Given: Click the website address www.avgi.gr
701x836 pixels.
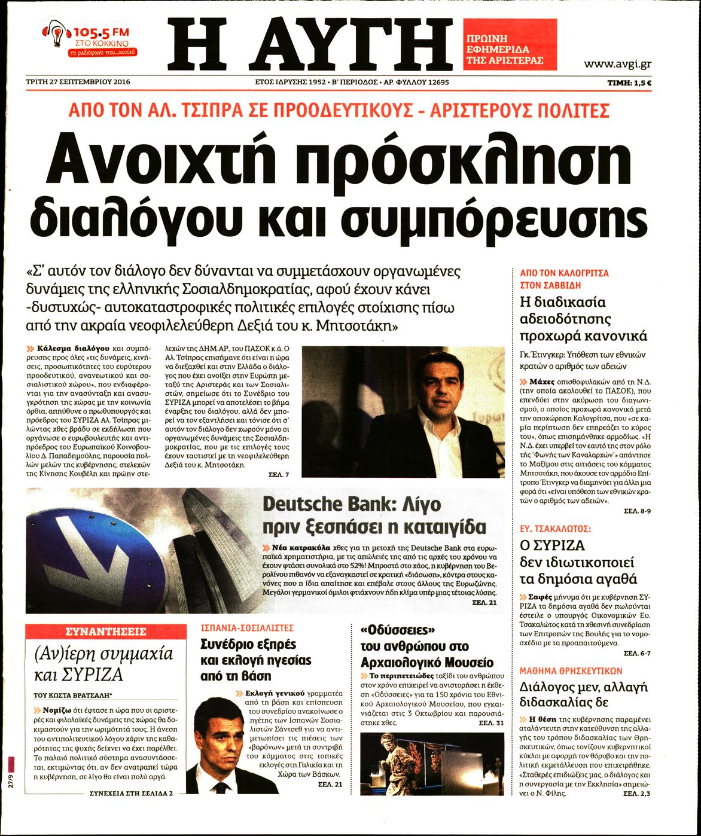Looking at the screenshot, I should [x=617, y=64].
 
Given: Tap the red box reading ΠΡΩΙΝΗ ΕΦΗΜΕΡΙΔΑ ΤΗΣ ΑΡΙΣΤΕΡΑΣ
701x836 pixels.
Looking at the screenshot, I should [x=510, y=44].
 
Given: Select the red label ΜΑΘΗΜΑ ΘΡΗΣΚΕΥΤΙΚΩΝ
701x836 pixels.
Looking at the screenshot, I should [x=571, y=670].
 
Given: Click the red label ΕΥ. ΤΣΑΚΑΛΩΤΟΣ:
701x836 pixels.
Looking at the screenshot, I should [x=555, y=529].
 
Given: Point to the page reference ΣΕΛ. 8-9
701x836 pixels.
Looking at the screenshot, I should [x=637, y=511].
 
